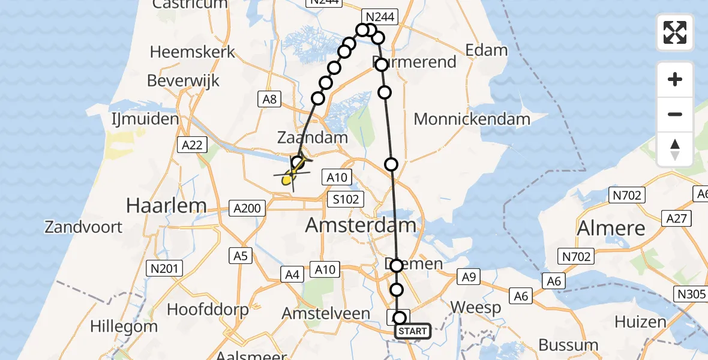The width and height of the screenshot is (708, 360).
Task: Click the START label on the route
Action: [x=412, y=331]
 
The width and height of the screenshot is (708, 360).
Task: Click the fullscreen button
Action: [x=675, y=32]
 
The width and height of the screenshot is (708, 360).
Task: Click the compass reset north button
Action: [x=675, y=149]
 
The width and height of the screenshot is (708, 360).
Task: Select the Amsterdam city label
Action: [x=361, y=226]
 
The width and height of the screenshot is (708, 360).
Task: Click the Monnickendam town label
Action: [x=472, y=119]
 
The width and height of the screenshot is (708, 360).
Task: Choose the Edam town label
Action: [x=487, y=50]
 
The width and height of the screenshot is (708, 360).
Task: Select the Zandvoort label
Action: [x=83, y=227]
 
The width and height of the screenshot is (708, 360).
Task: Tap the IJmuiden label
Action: [x=146, y=119]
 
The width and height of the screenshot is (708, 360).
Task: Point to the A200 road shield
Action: [x=247, y=208]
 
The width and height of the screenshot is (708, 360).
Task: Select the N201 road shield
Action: [x=165, y=268]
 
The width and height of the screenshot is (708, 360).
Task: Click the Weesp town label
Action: [x=475, y=308]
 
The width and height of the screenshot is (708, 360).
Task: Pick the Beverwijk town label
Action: [x=183, y=80]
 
